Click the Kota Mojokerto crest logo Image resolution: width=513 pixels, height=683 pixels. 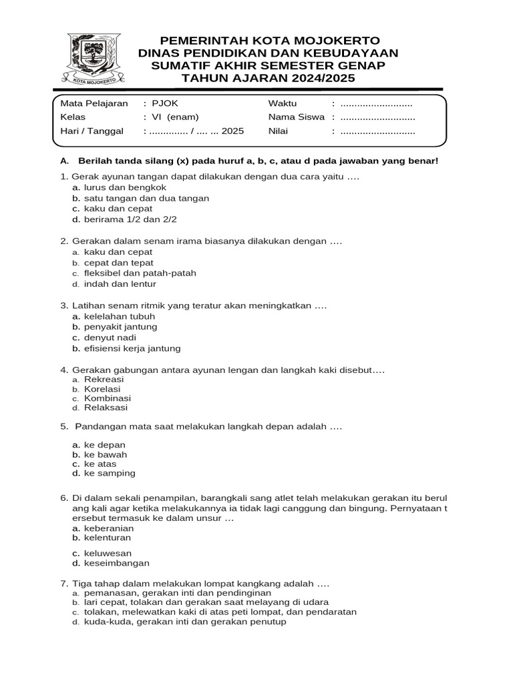(94, 59)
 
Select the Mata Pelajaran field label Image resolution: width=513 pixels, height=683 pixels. (94, 103)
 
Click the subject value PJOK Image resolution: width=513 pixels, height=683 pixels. (165, 103)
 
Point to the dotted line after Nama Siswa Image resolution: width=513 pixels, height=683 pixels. (377, 117)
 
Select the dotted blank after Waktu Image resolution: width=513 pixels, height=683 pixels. (376, 103)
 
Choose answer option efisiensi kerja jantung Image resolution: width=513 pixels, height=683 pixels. (132, 348)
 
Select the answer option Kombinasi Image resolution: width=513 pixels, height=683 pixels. (107, 398)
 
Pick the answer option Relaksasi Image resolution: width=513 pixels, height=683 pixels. (106, 408)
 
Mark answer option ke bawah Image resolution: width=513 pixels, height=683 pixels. (105, 455)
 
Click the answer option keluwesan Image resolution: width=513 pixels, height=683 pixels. (108, 554)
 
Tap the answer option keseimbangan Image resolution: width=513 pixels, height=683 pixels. (116, 563)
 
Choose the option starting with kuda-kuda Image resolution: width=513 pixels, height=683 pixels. (184, 622)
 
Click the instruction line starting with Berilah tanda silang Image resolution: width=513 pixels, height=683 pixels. (258, 161)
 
